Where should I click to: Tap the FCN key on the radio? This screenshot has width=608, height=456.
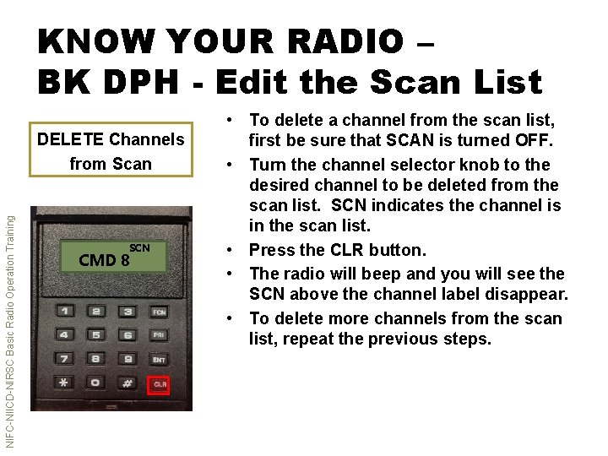(x=159, y=312)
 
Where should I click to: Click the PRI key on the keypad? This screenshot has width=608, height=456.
(x=159, y=335)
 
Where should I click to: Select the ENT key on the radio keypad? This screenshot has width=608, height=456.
(x=159, y=360)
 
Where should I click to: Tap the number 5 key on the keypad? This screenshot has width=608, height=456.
(x=96, y=335)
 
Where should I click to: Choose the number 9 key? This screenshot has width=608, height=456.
(x=127, y=359)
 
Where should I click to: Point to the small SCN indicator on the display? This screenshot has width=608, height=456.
(x=139, y=247)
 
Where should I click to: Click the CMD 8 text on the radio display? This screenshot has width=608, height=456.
(x=104, y=260)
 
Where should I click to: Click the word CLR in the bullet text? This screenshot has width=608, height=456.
(x=347, y=250)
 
